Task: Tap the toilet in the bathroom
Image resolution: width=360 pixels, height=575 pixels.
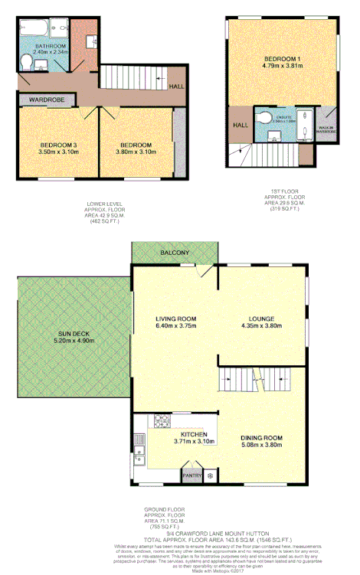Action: [26, 61]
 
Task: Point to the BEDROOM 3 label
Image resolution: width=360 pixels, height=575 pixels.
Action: [46, 145]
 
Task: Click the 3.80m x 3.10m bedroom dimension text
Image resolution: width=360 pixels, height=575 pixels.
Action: [135, 152]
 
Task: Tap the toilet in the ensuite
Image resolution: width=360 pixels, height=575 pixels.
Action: [264, 119]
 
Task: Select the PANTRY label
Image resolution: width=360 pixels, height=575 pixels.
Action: [191, 475]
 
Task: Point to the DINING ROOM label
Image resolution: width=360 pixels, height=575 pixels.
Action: [263, 438]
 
